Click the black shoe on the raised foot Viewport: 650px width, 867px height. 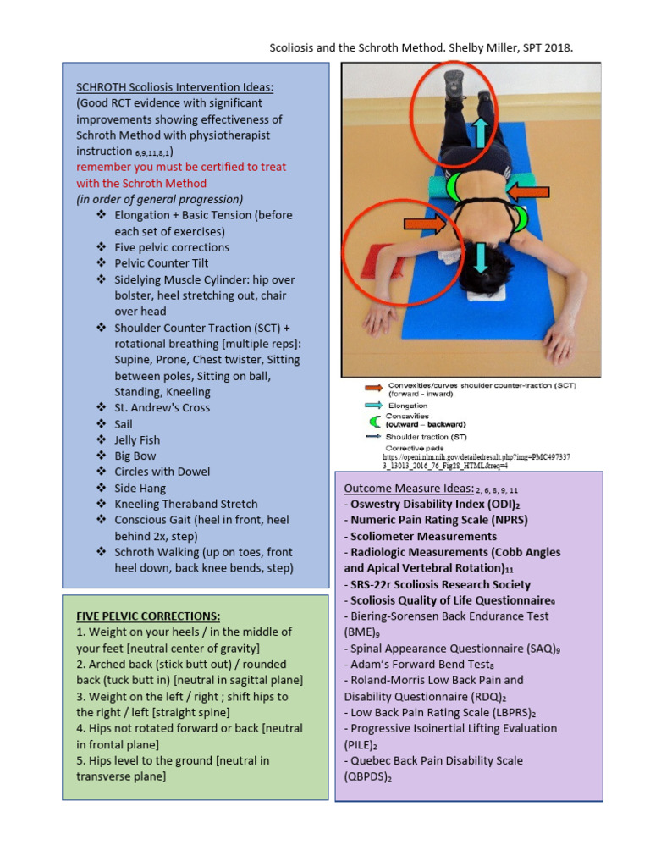(454, 86)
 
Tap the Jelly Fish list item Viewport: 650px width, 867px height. (137, 439)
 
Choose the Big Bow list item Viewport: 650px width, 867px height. (135, 456)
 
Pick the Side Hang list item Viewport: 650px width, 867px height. (140, 488)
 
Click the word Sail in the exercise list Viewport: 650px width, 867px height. (124, 423)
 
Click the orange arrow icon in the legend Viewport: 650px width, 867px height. (372, 387)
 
